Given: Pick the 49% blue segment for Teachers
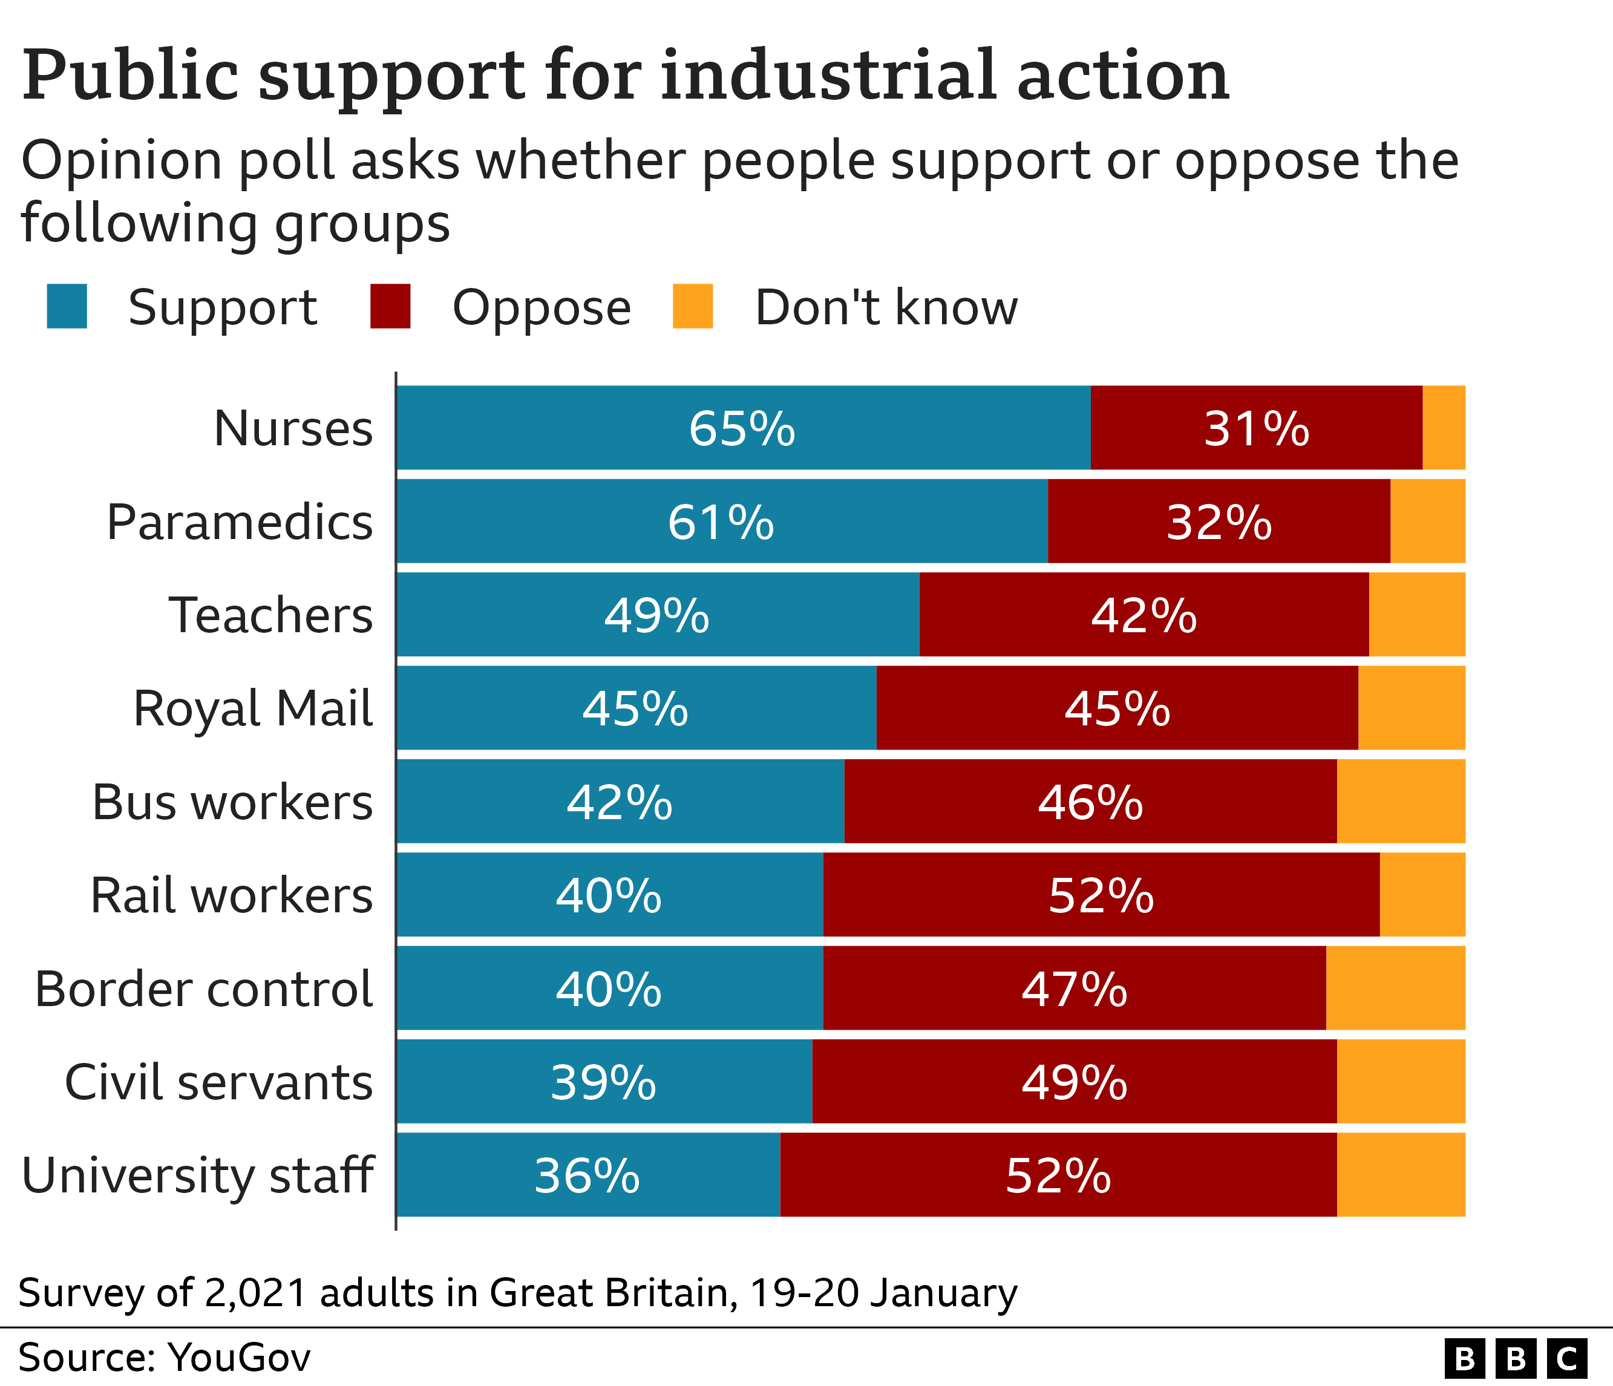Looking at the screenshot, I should click(x=657, y=615).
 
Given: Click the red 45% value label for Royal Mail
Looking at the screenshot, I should click(x=1117, y=709).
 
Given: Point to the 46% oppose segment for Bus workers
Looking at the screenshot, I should click(x=1090, y=802).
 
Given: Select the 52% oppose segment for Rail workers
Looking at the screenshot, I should click(x=1101, y=895).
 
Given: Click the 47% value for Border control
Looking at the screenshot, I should click(x=1075, y=989).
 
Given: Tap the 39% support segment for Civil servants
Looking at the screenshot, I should click(x=603, y=1082).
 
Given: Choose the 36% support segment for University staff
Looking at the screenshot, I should click(x=587, y=1175).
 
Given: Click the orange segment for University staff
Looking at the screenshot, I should click(x=1401, y=1175).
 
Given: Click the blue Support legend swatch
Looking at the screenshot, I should click(x=67, y=307).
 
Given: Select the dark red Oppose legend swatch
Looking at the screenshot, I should click(x=390, y=307).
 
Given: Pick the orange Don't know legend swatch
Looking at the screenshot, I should click(x=692, y=307).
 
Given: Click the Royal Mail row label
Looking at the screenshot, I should click(x=253, y=709).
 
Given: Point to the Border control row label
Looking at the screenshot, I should click(x=204, y=989).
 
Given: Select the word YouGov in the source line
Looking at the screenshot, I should click(x=239, y=1357).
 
